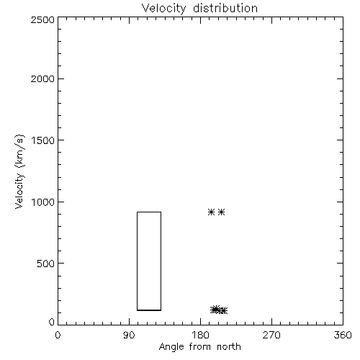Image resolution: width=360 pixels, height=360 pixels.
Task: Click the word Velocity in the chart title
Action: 164,9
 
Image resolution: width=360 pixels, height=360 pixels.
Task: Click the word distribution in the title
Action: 225,8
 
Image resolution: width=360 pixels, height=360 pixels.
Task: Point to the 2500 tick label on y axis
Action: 42,19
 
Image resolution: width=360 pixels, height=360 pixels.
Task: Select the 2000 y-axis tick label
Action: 42,78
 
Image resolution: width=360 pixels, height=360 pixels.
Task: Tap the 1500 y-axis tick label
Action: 43,140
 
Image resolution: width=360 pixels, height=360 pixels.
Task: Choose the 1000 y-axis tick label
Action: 43,202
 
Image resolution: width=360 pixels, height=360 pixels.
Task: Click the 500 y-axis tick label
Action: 46,264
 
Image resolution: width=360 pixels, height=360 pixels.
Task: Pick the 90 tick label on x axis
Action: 129,335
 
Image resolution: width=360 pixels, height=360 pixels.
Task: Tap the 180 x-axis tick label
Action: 200,335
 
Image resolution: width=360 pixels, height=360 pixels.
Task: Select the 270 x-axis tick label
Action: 271,335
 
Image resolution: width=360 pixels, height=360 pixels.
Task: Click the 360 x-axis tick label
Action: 343,335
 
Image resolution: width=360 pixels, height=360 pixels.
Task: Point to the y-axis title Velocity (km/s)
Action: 19,171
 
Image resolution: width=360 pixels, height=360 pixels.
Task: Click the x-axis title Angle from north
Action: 200,347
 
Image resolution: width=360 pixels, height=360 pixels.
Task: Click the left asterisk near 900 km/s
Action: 211,212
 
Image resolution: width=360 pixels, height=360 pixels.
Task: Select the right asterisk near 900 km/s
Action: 221,212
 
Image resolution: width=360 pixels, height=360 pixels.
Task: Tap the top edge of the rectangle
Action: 149,212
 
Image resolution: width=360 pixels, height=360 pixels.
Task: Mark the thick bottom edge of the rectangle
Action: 149,310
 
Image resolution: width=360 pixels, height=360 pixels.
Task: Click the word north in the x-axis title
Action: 229,347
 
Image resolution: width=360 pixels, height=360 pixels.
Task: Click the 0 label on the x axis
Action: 58,335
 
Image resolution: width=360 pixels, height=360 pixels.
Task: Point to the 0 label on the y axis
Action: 52,322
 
